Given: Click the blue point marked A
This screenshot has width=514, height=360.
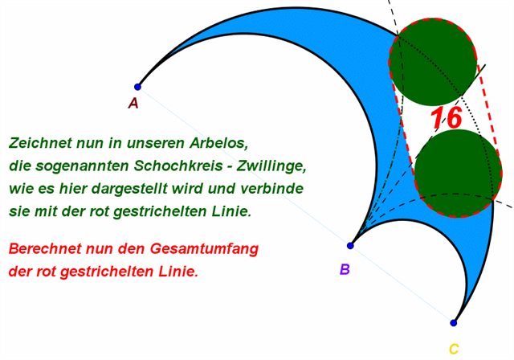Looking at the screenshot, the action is click(x=137, y=87).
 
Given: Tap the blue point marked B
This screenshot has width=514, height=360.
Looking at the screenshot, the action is click(x=350, y=245).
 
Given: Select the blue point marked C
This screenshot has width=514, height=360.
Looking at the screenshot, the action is click(x=454, y=323).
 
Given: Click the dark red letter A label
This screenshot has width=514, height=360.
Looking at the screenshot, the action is click(x=133, y=103).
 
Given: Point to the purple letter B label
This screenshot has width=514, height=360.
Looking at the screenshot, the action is click(x=345, y=269).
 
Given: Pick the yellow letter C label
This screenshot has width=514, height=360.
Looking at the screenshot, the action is click(x=454, y=349).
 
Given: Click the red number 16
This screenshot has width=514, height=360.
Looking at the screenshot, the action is click(x=446, y=118).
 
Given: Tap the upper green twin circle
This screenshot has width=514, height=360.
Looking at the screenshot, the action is click(x=432, y=62).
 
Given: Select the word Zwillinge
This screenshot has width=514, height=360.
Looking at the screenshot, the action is click(x=272, y=166).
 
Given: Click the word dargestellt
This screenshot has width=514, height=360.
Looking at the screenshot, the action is click(x=161, y=190).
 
